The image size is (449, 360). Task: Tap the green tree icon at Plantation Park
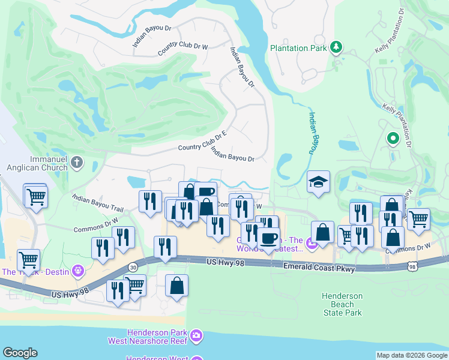(x=336, y=47)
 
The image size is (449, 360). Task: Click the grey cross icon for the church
(x=76, y=162)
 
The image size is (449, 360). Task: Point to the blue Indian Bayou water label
(x=313, y=133)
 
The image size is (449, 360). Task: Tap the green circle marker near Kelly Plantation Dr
(x=393, y=139)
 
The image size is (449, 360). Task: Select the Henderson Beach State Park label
(x=342, y=304)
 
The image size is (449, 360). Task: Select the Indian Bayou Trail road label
(x=97, y=203)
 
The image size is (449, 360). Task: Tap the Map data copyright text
(x=412, y=355)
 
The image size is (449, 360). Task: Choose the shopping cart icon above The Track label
(x=28, y=260)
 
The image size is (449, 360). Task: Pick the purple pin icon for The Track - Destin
(x=76, y=271)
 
